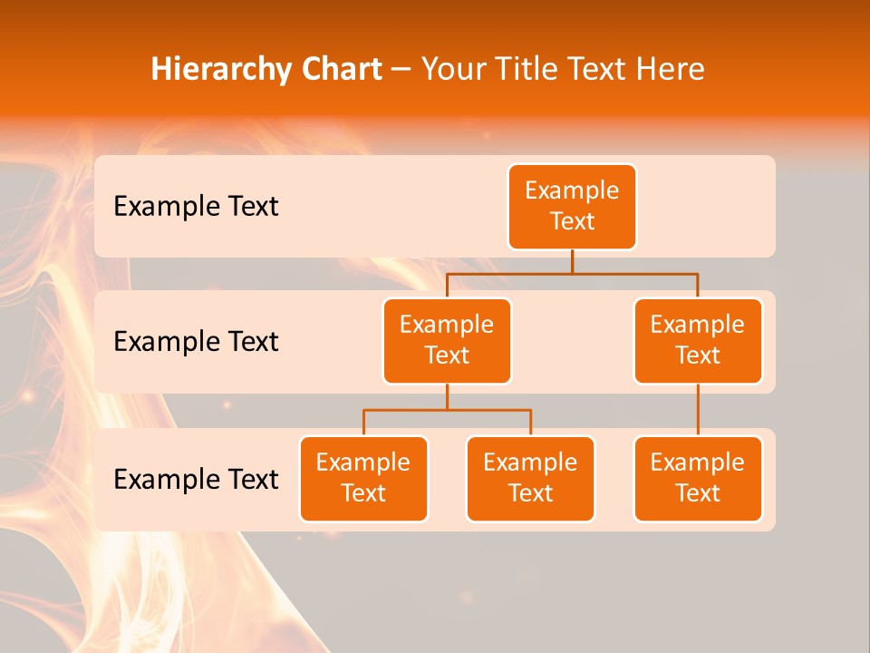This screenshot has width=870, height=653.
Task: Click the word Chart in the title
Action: click(x=337, y=69)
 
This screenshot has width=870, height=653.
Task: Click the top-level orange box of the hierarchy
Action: click(x=572, y=206)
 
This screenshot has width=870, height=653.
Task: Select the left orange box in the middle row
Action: click(x=447, y=340)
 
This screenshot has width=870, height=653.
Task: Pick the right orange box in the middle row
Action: click(x=698, y=340)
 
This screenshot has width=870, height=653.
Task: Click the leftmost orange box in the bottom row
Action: click(x=363, y=478)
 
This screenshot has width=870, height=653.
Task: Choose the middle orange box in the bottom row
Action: click(x=530, y=478)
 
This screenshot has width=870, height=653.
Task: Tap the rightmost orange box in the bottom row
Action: click(x=698, y=478)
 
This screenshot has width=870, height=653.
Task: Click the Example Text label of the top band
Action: click(x=196, y=206)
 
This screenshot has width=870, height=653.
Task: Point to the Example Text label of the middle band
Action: click(x=196, y=341)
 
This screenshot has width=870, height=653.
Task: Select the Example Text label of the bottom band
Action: click(x=196, y=479)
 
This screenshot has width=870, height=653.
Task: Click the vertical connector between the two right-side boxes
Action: click(x=698, y=410)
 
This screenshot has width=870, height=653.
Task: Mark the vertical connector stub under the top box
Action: click(x=572, y=261)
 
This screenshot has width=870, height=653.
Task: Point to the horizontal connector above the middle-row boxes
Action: click(x=572, y=272)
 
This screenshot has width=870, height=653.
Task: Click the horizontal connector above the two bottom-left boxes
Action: click(x=447, y=410)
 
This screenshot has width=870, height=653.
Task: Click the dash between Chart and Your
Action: click(x=401, y=70)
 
